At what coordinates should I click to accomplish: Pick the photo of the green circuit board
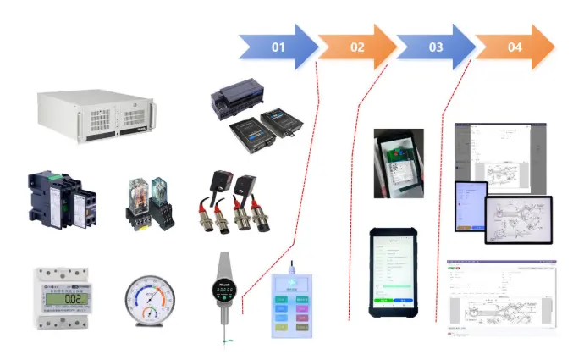tap(399, 163)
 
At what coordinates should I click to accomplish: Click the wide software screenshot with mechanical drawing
tap(501, 298)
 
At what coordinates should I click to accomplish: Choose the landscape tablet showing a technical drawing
tap(518, 219)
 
